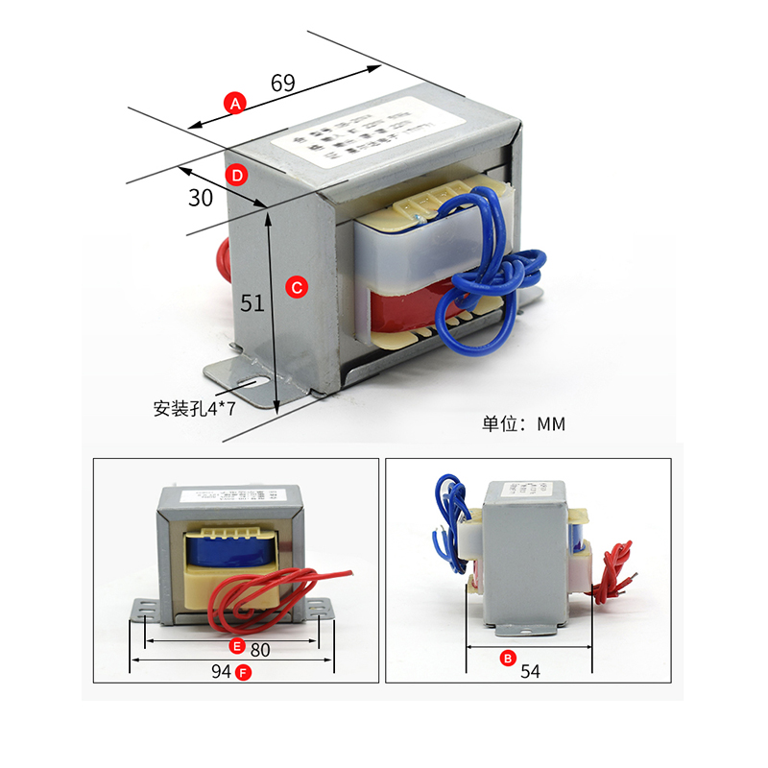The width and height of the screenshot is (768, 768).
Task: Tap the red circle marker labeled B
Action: pos(507,659)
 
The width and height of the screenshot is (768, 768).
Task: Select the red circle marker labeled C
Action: pos(297,287)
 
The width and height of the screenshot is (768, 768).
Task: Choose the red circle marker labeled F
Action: pos(244,672)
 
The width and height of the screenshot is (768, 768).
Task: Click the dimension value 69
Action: pos(282,83)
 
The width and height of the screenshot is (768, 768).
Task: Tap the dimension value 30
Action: pos(201,198)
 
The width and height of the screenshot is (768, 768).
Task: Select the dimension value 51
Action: pos(252,303)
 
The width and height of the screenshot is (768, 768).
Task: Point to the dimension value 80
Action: pos(260,649)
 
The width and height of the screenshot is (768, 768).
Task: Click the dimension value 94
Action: pos(221,672)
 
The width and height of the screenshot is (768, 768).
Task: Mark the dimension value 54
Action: pos(531,672)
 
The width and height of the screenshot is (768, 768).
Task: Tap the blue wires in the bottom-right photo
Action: pos(448,514)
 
